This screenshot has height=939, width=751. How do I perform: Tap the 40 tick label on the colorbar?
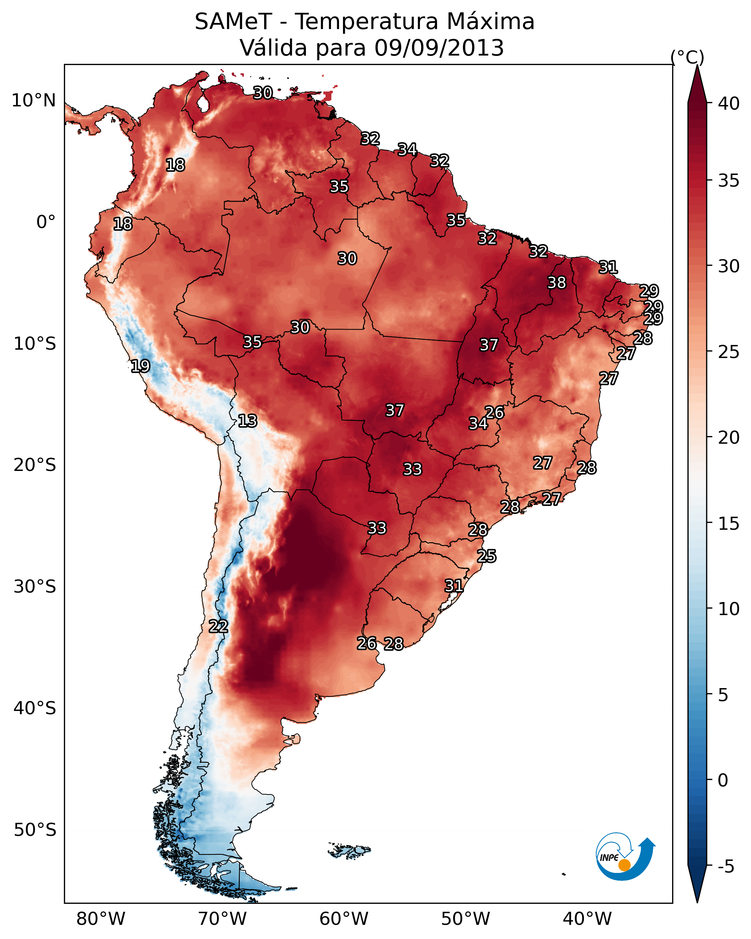tap(729, 103)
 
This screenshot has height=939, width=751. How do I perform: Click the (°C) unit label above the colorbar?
tap(687, 57)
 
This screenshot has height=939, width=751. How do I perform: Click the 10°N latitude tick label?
tap(33, 101)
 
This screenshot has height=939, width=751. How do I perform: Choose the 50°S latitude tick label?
tap(35, 830)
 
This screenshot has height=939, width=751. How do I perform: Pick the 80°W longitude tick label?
tap(101, 919)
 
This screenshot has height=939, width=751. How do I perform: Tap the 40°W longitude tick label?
tap(587, 919)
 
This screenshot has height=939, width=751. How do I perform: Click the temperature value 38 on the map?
tap(557, 282)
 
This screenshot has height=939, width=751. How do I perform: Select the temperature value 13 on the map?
tap(247, 421)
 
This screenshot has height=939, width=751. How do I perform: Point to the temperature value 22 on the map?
tap(218, 626)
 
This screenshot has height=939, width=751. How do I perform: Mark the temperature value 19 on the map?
tap(140, 366)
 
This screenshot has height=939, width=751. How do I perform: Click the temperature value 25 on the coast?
tap(486, 556)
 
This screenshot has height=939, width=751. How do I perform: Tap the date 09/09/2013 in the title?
tap(439, 48)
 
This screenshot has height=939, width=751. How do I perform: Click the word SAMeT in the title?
tap(234, 21)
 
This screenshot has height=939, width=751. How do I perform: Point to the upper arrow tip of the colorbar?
tap(697, 66)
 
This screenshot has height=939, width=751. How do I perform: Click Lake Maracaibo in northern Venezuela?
tap(203, 103)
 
